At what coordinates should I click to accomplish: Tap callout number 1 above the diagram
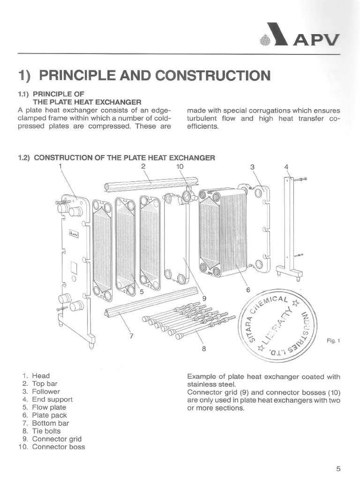pyautogui.click(x=60, y=166)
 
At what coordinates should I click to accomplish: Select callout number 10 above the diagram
pyautogui.click(x=180, y=166)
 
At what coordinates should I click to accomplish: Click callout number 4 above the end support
pyautogui.click(x=287, y=166)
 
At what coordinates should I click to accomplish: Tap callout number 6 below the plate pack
pyautogui.click(x=248, y=290)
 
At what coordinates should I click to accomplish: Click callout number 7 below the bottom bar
pyautogui.click(x=131, y=335)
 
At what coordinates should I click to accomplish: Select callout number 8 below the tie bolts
pyautogui.click(x=204, y=348)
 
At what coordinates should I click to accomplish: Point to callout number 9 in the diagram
pyautogui.click(x=204, y=298)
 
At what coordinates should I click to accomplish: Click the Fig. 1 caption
pyautogui.click(x=333, y=341)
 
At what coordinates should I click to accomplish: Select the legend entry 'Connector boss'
pyautogui.click(x=59, y=447)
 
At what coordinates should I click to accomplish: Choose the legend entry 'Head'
pyautogui.click(x=41, y=375)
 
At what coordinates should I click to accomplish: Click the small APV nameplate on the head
pyautogui.click(x=73, y=233)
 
